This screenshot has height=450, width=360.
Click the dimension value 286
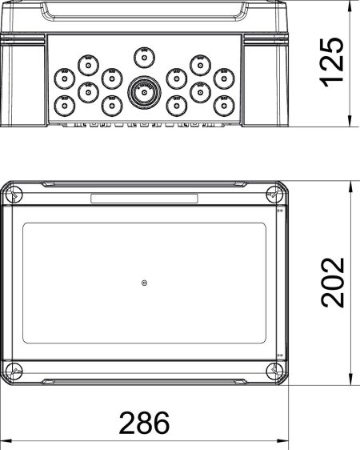point(145,422)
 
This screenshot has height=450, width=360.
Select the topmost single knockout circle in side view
point(143,55)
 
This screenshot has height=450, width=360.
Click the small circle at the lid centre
point(143,283)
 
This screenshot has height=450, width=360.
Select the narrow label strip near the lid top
point(143,199)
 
